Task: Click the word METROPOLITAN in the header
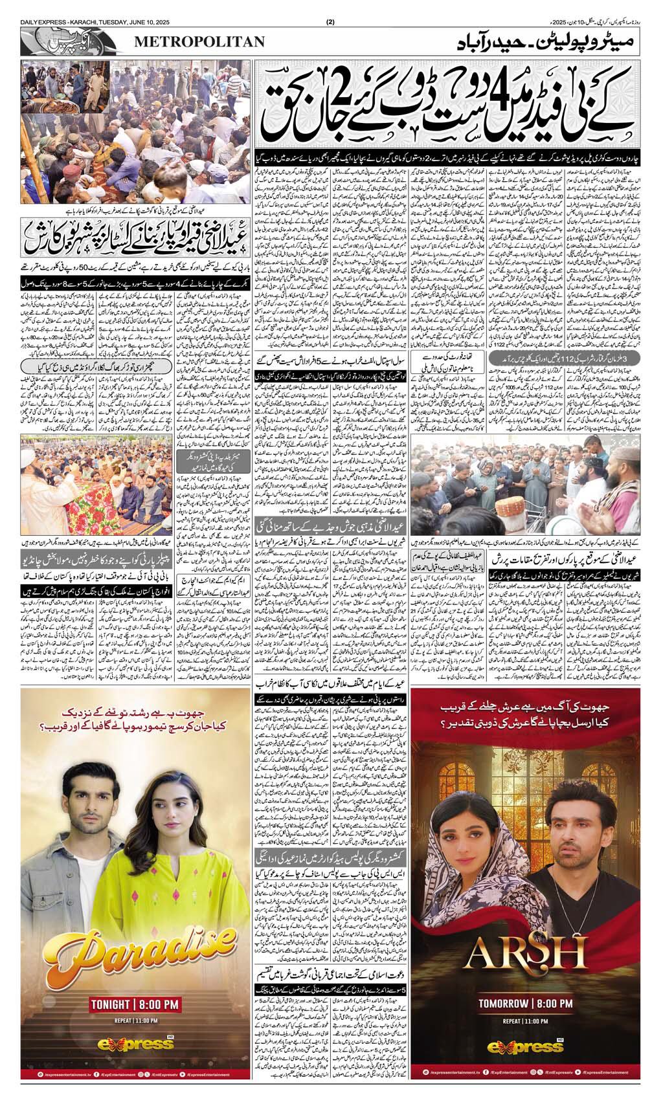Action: coord(199,42)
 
